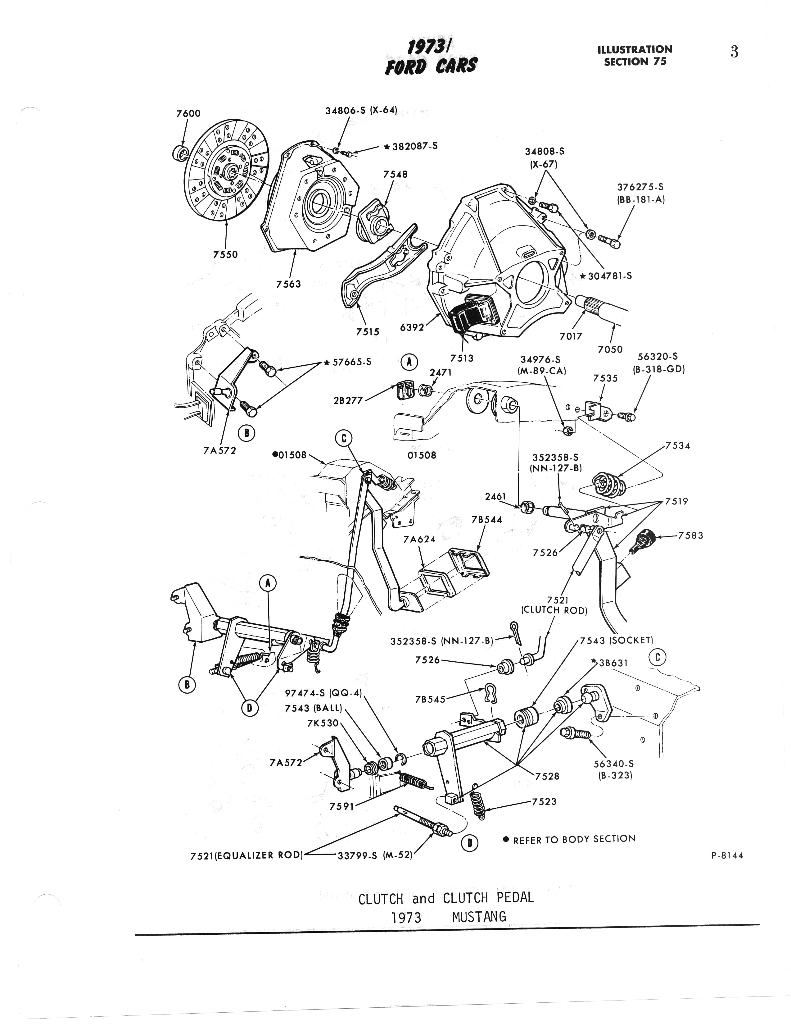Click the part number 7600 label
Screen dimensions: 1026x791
click(x=188, y=113)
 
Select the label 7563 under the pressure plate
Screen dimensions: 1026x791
click(x=288, y=284)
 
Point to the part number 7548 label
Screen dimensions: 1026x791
click(x=395, y=174)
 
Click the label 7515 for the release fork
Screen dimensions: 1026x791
click(x=367, y=332)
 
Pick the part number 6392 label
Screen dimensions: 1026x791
click(x=412, y=327)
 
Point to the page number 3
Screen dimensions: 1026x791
click(x=734, y=51)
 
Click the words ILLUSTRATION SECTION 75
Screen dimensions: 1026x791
click(x=635, y=55)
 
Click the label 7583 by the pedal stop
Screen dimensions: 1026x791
click(x=690, y=535)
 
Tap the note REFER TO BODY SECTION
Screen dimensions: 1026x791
click(x=574, y=839)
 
